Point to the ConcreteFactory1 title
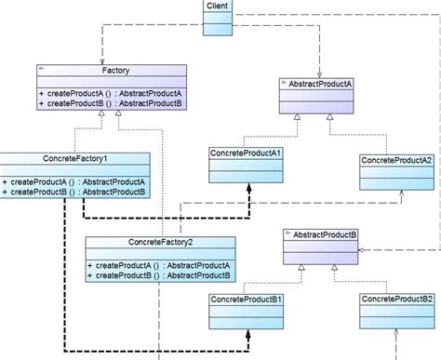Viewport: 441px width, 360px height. pyautogui.click(x=73, y=158)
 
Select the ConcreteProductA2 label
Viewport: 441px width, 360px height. pyautogui.click(x=396, y=159)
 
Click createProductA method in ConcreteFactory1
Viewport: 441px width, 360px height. pyautogui.click(x=73, y=181)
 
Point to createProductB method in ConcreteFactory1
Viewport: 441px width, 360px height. pyautogui.click(x=73, y=192)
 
